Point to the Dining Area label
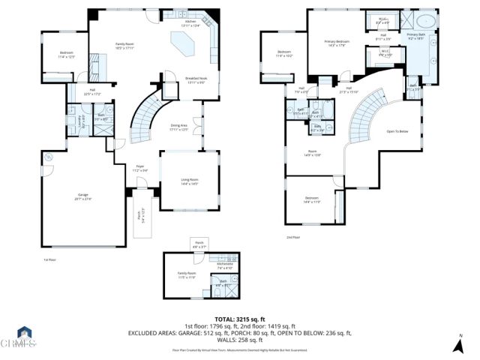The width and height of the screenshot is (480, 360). point(178,127)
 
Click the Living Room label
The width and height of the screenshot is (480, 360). point(189,181)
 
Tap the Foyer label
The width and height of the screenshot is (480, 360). point(139,169)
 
